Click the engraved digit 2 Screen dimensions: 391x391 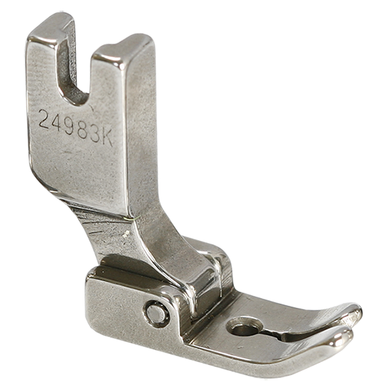[x=45, y=119]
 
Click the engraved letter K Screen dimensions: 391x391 [x=107, y=138]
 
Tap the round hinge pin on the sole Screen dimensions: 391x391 [x=153, y=311]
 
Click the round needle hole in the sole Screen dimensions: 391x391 [x=243, y=327]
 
